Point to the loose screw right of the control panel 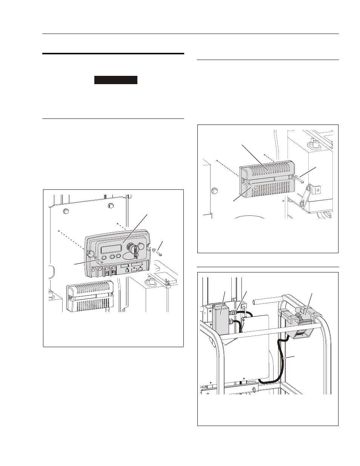coord(160,253)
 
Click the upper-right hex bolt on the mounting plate coord(110,206)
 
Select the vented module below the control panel coord(90,296)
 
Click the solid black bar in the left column coord(115,80)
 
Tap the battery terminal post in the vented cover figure coord(312,142)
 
